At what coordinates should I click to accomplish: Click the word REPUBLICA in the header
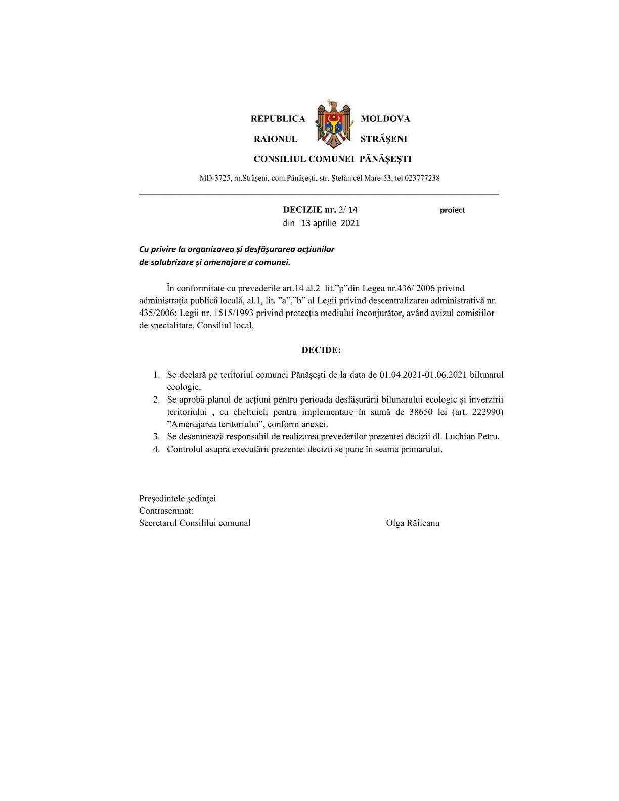tap(278, 119)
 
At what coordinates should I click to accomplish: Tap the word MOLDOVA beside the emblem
tap(385, 119)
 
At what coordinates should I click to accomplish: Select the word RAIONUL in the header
tap(275, 139)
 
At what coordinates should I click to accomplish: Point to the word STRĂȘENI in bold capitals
tap(383, 139)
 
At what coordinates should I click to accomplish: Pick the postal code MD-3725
tap(215, 178)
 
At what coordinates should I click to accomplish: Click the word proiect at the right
tap(452, 210)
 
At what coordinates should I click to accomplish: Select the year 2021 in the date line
tap(350, 223)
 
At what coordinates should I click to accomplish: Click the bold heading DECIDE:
tap(321, 350)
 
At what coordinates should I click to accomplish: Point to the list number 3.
tap(157, 436)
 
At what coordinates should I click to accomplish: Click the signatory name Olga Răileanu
tap(413, 523)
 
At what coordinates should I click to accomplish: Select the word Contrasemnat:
tap(166, 511)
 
